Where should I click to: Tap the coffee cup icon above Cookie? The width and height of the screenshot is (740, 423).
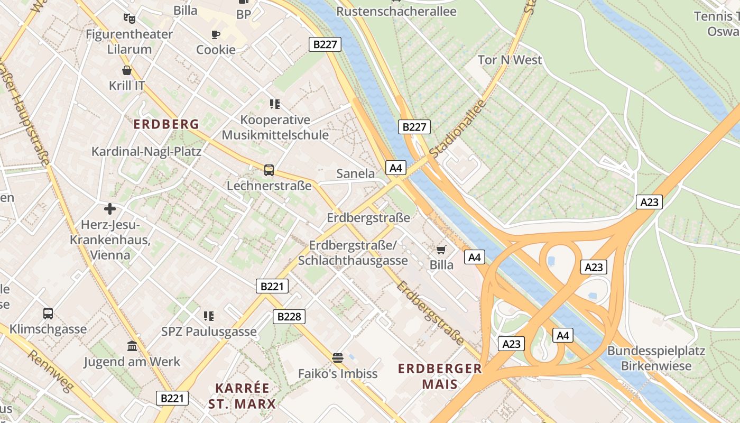[x=215, y=35]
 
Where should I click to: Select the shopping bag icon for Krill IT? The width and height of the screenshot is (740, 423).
[x=127, y=70]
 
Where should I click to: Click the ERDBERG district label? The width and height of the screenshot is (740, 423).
[x=166, y=124]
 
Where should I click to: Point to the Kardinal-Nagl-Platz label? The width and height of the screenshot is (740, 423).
[x=146, y=152]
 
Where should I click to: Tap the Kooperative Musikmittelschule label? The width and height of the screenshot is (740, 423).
[x=275, y=127]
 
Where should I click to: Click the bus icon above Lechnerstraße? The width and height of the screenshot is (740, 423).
[x=269, y=170]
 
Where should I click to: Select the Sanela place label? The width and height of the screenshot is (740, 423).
[x=356, y=173]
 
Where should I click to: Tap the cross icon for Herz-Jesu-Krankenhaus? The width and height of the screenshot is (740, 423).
[x=110, y=209]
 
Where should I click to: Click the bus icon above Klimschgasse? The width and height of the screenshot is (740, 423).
[x=48, y=313]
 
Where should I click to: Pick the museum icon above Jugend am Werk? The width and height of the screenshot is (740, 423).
[x=132, y=346]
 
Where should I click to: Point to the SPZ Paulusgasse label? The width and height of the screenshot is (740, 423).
[x=209, y=332]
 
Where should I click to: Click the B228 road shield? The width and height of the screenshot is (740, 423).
[x=289, y=316]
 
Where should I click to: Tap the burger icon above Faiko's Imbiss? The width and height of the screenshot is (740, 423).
[x=338, y=358]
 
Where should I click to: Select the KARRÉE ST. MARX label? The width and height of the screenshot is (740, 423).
[x=242, y=396]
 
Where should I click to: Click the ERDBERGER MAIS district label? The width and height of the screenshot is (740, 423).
[x=440, y=376]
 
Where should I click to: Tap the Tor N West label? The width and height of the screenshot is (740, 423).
[x=510, y=60]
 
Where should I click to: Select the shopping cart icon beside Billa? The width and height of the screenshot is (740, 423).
[x=441, y=250]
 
